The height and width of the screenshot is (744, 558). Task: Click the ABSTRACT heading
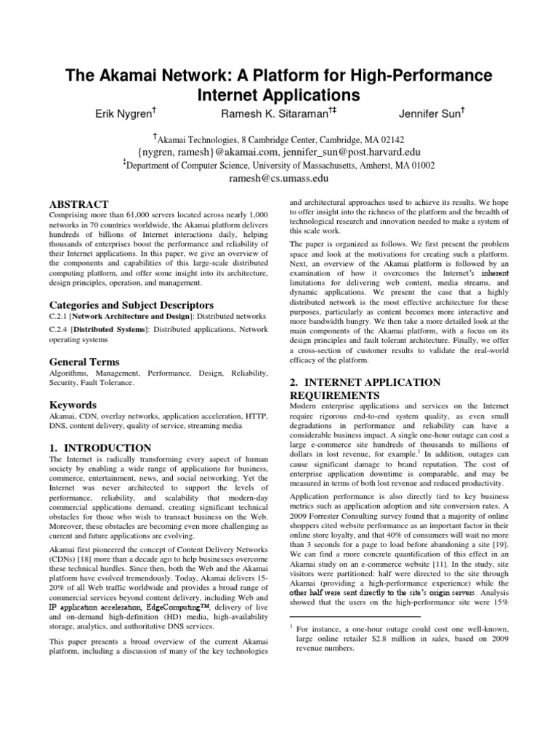(x=78, y=204)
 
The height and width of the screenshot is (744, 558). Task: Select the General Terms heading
(x=84, y=361)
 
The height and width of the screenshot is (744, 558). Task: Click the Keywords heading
(x=73, y=403)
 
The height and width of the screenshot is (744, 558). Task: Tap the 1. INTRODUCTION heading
(x=100, y=448)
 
